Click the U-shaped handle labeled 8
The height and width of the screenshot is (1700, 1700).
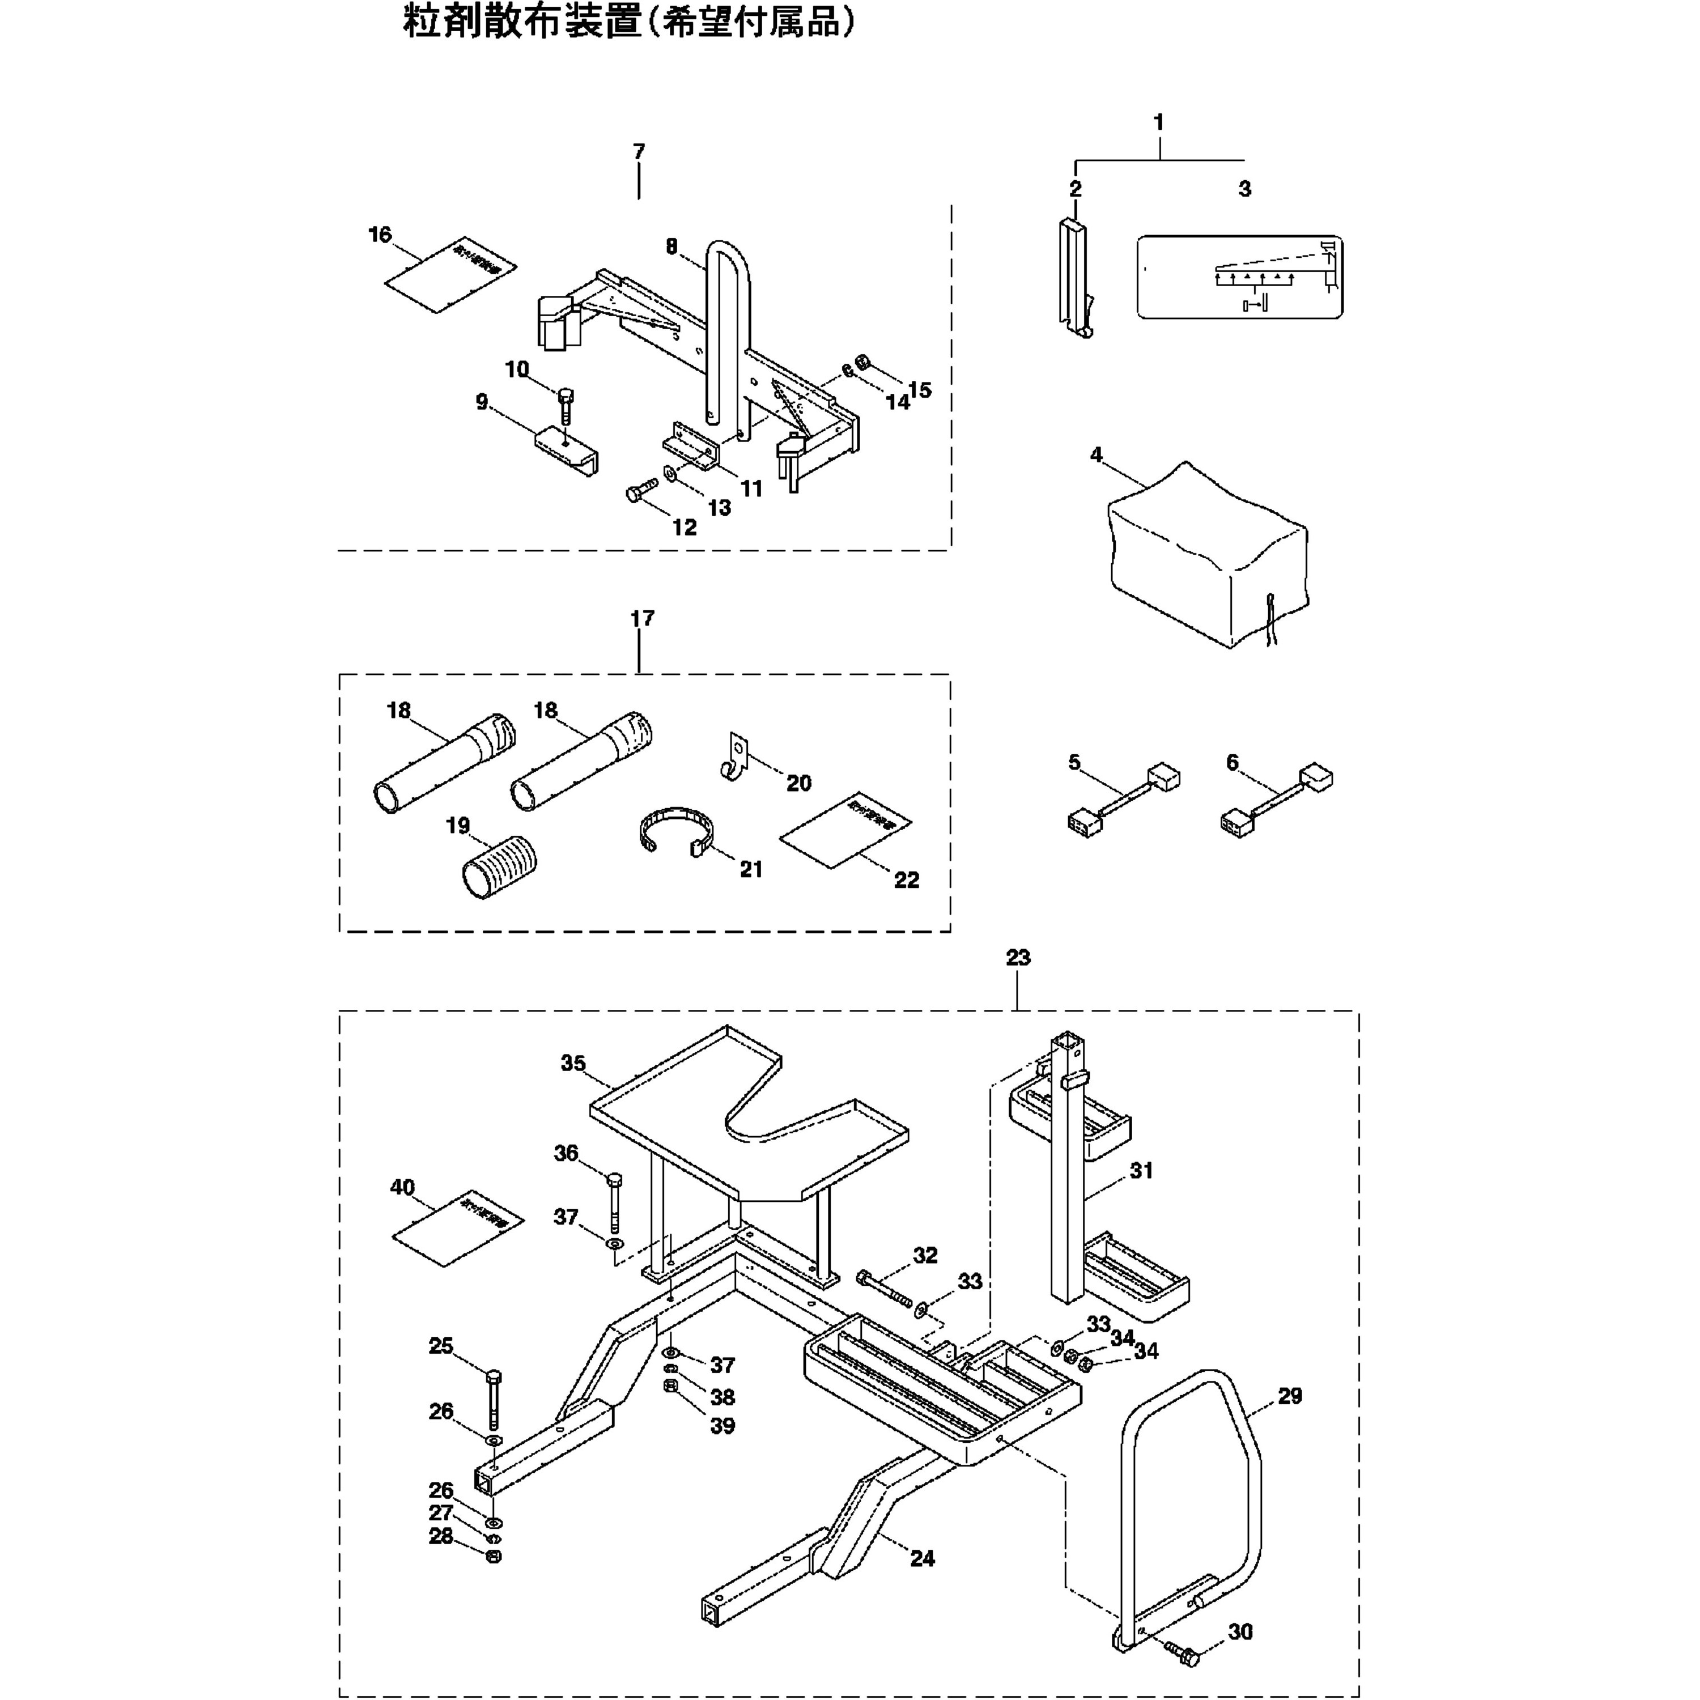(730, 334)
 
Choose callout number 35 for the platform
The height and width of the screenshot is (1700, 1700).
(573, 1063)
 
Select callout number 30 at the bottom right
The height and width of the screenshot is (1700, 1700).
(1240, 1631)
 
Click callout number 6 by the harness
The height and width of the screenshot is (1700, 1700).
(1232, 762)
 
